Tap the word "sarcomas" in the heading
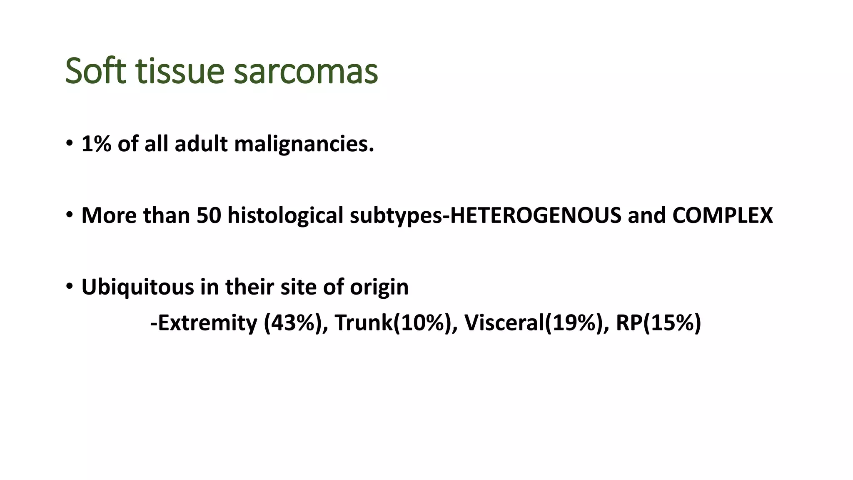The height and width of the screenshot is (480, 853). pos(306,72)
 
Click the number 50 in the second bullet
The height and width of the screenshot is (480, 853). pos(209,215)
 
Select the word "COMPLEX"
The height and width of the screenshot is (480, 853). pos(722,215)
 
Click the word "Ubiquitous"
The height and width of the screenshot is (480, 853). pos(137,287)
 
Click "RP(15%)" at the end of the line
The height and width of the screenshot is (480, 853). pos(658,323)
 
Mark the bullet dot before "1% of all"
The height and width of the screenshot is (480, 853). pos(69,143)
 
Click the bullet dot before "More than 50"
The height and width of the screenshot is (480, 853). pos(69,215)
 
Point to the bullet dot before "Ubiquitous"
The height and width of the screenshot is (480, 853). pos(69,286)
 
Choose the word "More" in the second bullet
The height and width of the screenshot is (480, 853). pos(109,215)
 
